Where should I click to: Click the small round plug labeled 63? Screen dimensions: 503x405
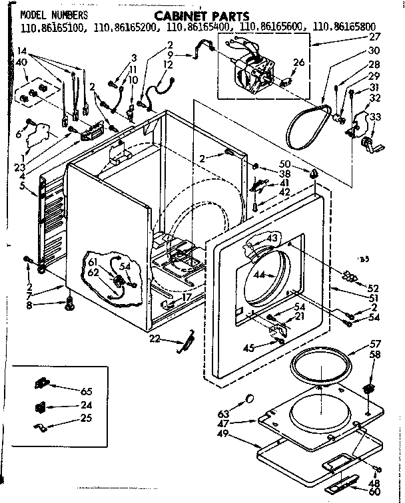(x=250, y=398)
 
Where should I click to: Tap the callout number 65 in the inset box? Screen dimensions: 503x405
(x=86, y=391)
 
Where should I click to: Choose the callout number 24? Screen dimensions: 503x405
(x=86, y=405)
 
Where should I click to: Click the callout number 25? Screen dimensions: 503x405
(x=86, y=419)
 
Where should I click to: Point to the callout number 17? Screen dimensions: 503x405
(x=187, y=297)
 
